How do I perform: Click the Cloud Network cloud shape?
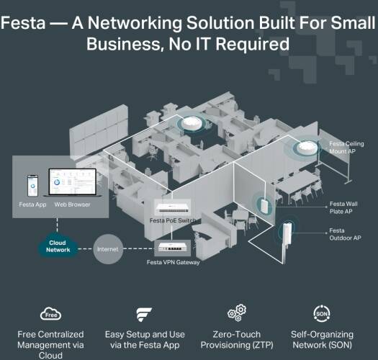pyautogui.click(x=58, y=246)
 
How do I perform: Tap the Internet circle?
pyautogui.click(x=108, y=249)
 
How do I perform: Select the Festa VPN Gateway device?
pyautogui.click(x=172, y=248)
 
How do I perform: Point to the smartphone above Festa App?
pyautogui.click(x=32, y=186)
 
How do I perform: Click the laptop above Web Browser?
pyautogui.click(x=72, y=183)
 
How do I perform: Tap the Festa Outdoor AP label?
pyautogui.click(x=345, y=235)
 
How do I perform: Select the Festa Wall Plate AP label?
pyautogui.click(x=343, y=207)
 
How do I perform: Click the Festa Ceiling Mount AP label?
pyautogui.click(x=346, y=148)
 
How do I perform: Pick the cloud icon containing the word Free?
pyautogui.click(x=50, y=314)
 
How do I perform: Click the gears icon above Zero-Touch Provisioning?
pyautogui.click(x=237, y=313)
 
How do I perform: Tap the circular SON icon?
pyautogui.click(x=322, y=313)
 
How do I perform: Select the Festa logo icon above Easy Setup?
pyautogui.click(x=144, y=314)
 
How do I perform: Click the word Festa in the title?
pyautogui.click(x=23, y=23)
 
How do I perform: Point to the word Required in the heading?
pyautogui.click(x=252, y=44)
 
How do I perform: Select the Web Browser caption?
pyautogui.click(x=72, y=204)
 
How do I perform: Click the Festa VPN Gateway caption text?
pyautogui.click(x=173, y=262)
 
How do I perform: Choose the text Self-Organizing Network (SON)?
pyautogui.click(x=322, y=340)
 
